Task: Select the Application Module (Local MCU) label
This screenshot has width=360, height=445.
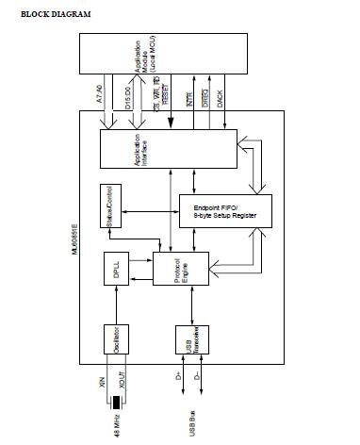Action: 144,58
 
